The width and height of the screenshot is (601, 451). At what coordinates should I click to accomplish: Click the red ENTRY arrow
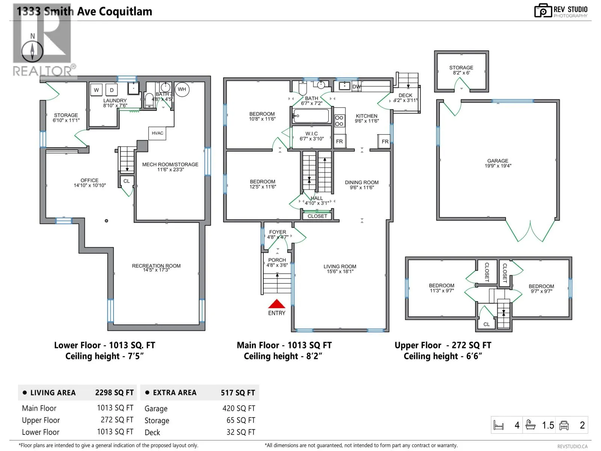276,304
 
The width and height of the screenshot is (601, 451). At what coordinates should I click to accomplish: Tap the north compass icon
32,51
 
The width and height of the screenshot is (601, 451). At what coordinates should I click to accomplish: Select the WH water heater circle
182,89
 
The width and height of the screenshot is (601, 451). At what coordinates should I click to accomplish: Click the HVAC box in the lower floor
157,133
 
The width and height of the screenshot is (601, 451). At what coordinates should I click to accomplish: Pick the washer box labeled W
97,90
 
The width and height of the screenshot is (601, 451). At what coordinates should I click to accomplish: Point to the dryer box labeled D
112,90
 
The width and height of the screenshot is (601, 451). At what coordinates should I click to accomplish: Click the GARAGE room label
498,161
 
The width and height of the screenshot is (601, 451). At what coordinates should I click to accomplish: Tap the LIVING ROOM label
340,266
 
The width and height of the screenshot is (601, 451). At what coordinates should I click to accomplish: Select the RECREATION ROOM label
156,266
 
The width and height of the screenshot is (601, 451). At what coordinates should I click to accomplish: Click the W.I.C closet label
312,134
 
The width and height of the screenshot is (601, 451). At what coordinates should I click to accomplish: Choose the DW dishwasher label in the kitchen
356,87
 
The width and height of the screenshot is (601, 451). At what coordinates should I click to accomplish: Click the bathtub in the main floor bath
311,116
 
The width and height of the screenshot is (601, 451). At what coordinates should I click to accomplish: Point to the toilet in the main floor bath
302,87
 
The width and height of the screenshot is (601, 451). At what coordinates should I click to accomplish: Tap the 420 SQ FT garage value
239,408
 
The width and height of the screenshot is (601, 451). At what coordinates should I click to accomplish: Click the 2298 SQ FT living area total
115,393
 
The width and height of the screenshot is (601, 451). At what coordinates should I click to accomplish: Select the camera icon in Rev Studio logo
543,11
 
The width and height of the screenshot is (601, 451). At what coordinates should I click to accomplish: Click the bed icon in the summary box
498,425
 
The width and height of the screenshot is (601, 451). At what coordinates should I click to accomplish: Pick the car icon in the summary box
564,425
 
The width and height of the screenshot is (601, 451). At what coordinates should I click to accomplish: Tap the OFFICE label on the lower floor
89,180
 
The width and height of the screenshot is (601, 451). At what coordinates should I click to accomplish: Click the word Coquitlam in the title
125,12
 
